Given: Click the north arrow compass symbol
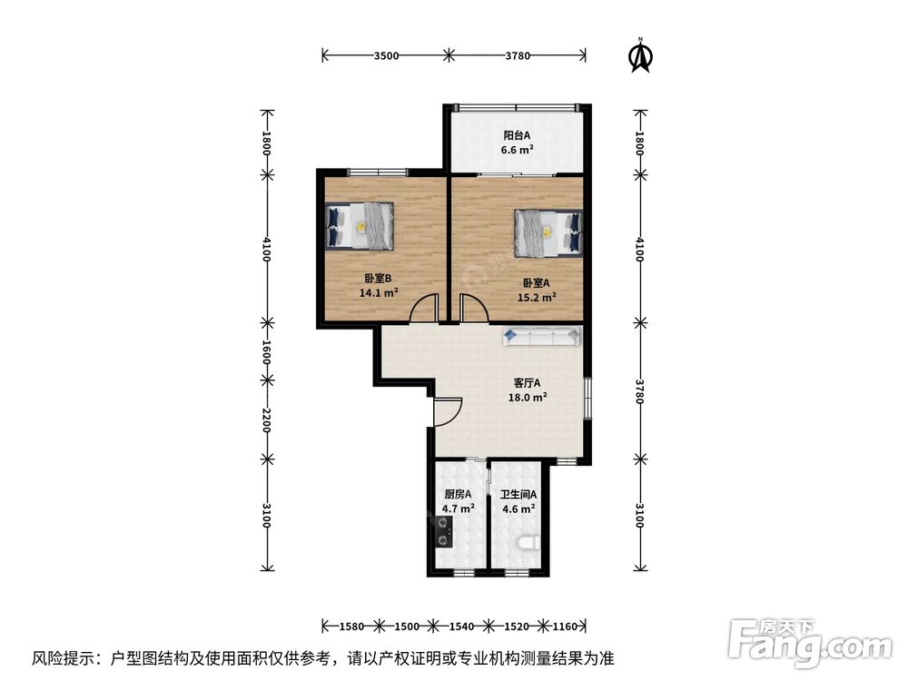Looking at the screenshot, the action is [x=640, y=56].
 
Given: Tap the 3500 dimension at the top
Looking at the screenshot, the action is [x=386, y=55].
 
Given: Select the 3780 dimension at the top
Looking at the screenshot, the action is [x=518, y=55].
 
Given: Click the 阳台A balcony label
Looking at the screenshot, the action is [x=517, y=135].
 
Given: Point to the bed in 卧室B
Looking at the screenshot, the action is [x=360, y=226].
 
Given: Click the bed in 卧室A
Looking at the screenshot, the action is [x=548, y=232].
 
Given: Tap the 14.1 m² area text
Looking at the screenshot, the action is [x=378, y=292].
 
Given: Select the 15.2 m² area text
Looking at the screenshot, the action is [x=537, y=298].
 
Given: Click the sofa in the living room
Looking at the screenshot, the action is [x=541, y=336].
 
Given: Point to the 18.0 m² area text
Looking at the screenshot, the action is [x=527, y=398].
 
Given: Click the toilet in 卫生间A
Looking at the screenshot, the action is [x=528, y=543].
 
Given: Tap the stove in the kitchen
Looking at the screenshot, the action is [x=444, y=532].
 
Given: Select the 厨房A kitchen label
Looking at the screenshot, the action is [x=458, y=495].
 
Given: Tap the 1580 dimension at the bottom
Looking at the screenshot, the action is [x=351, y=626].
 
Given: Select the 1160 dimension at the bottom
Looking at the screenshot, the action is [x=565, y=626].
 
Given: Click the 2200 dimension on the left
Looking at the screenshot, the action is [x=266, y=419].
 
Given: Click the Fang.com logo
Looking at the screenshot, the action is [x=810, y=642].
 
